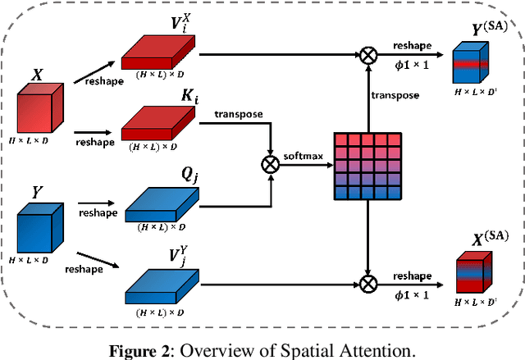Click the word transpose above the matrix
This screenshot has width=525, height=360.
click(395, 94)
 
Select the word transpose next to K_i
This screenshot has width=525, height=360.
click(238, 112)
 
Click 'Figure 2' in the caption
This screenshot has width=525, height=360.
click(135, 348)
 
